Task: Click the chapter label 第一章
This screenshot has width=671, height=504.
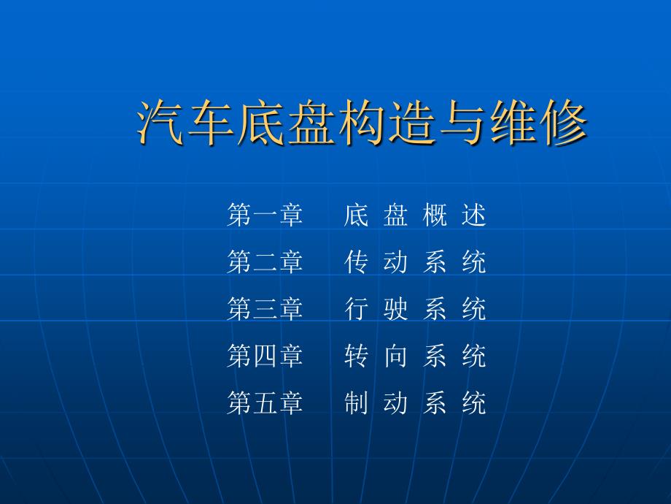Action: tap(265, 215)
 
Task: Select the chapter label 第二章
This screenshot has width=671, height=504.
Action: tap(265, 261)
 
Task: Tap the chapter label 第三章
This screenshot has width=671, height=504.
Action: tap(265, 309)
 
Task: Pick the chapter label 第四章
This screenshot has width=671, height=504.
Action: tap(265, 356)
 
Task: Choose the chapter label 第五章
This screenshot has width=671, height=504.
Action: tap(265, 403)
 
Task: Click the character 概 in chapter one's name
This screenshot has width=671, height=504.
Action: tap(435, 215)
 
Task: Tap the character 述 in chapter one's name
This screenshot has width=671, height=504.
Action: tap(474, 215)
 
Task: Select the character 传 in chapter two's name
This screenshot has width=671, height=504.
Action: tap(356, 261)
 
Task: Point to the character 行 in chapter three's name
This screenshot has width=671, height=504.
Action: tap(356, 309)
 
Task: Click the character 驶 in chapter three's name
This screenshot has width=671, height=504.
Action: tap(395, 309)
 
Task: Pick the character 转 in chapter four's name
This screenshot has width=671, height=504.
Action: tap(356, 356)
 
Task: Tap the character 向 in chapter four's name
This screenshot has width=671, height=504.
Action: tap(395, 356)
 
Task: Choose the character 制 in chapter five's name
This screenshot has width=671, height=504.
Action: tap(356, 403)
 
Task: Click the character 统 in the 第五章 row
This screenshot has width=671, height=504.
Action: tap(474, 403)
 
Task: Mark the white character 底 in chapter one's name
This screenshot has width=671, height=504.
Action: tap(356, 215)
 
